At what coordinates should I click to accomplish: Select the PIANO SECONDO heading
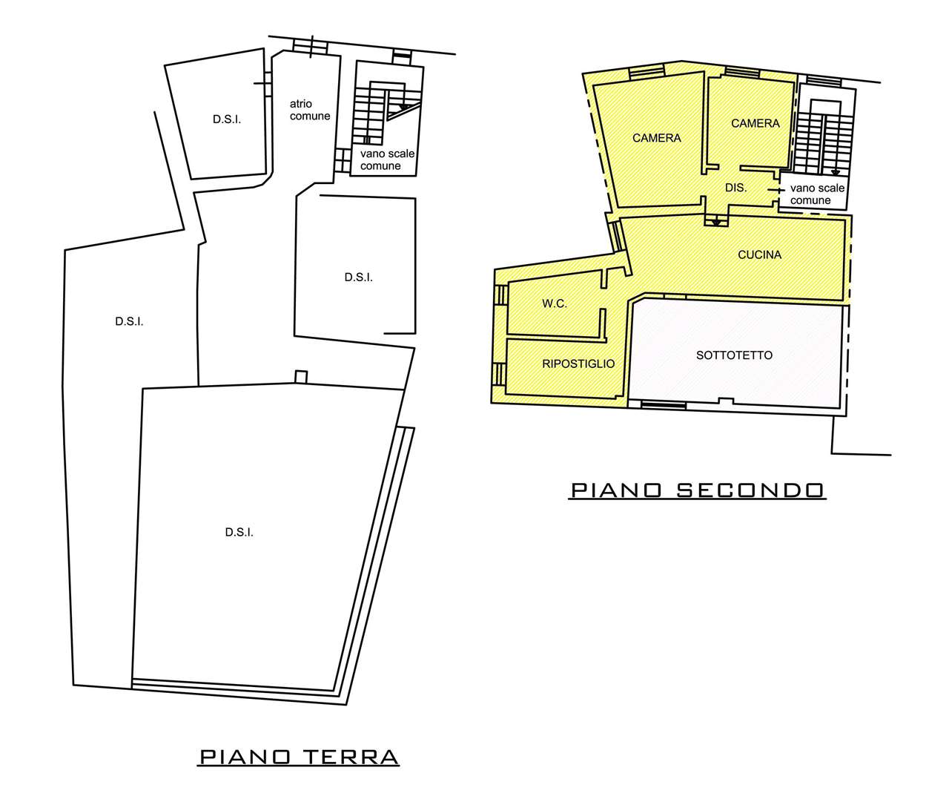[x=697, y=490]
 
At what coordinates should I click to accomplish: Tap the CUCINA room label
[x=759, y=254]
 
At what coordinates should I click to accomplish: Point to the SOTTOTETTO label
[x=734, y=355]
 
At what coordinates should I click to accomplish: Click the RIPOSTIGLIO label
[x=578, y=364]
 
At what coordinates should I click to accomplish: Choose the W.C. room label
[x=555, y=304]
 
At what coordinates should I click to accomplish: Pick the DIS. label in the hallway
[x=735, y=188]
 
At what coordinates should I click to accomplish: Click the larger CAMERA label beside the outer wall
[x=656, y=138]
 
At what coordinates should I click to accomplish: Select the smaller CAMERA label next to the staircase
[x=755, y=123]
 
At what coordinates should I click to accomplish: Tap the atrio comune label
[x=310, y=110]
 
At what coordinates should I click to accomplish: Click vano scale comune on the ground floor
[x=387, y=160]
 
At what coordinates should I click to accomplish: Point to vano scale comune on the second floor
[x=817, y=194]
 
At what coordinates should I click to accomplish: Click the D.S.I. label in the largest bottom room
[x=239, y=532]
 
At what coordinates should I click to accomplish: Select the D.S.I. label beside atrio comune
[x=227, y=119]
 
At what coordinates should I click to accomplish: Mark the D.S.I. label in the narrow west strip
[x=129, y=322]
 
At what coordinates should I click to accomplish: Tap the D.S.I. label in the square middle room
[x=359, y=277]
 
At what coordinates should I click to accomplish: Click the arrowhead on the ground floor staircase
[x=403, y=106]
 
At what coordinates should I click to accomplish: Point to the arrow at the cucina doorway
[x=716, y=222]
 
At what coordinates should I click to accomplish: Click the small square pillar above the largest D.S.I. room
[x=301, y=377]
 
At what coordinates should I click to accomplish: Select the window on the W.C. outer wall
[x=500, y=295]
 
